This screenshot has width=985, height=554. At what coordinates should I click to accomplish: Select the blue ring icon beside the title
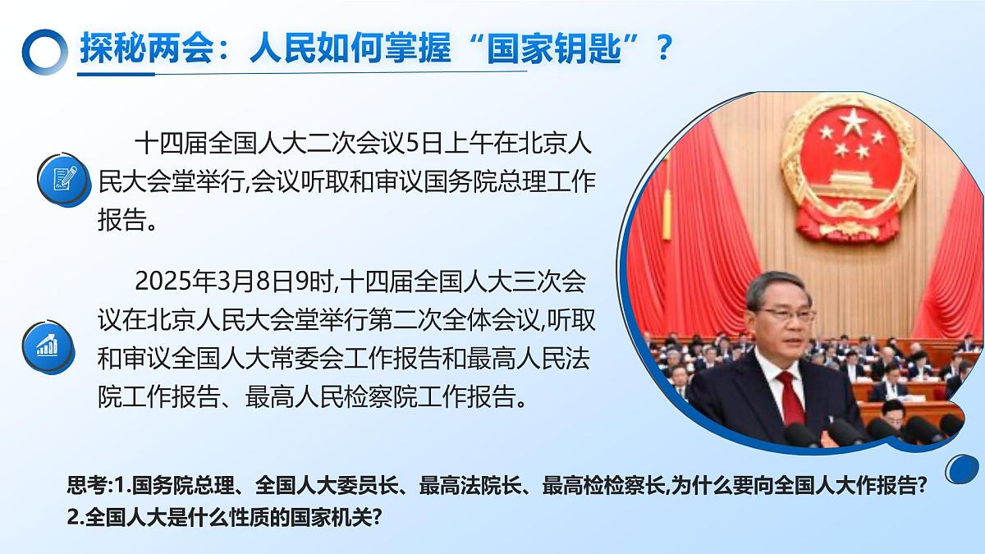pyautogui.click(x=44, y=51)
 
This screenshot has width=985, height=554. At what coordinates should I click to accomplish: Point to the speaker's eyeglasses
pyautogui.click(x=786, y=313)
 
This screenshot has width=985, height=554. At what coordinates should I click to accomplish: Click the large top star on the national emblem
pyautogui.click(x=854, y=123)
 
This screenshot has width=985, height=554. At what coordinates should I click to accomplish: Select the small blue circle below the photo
pyautogui.click(x=962, y=469)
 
